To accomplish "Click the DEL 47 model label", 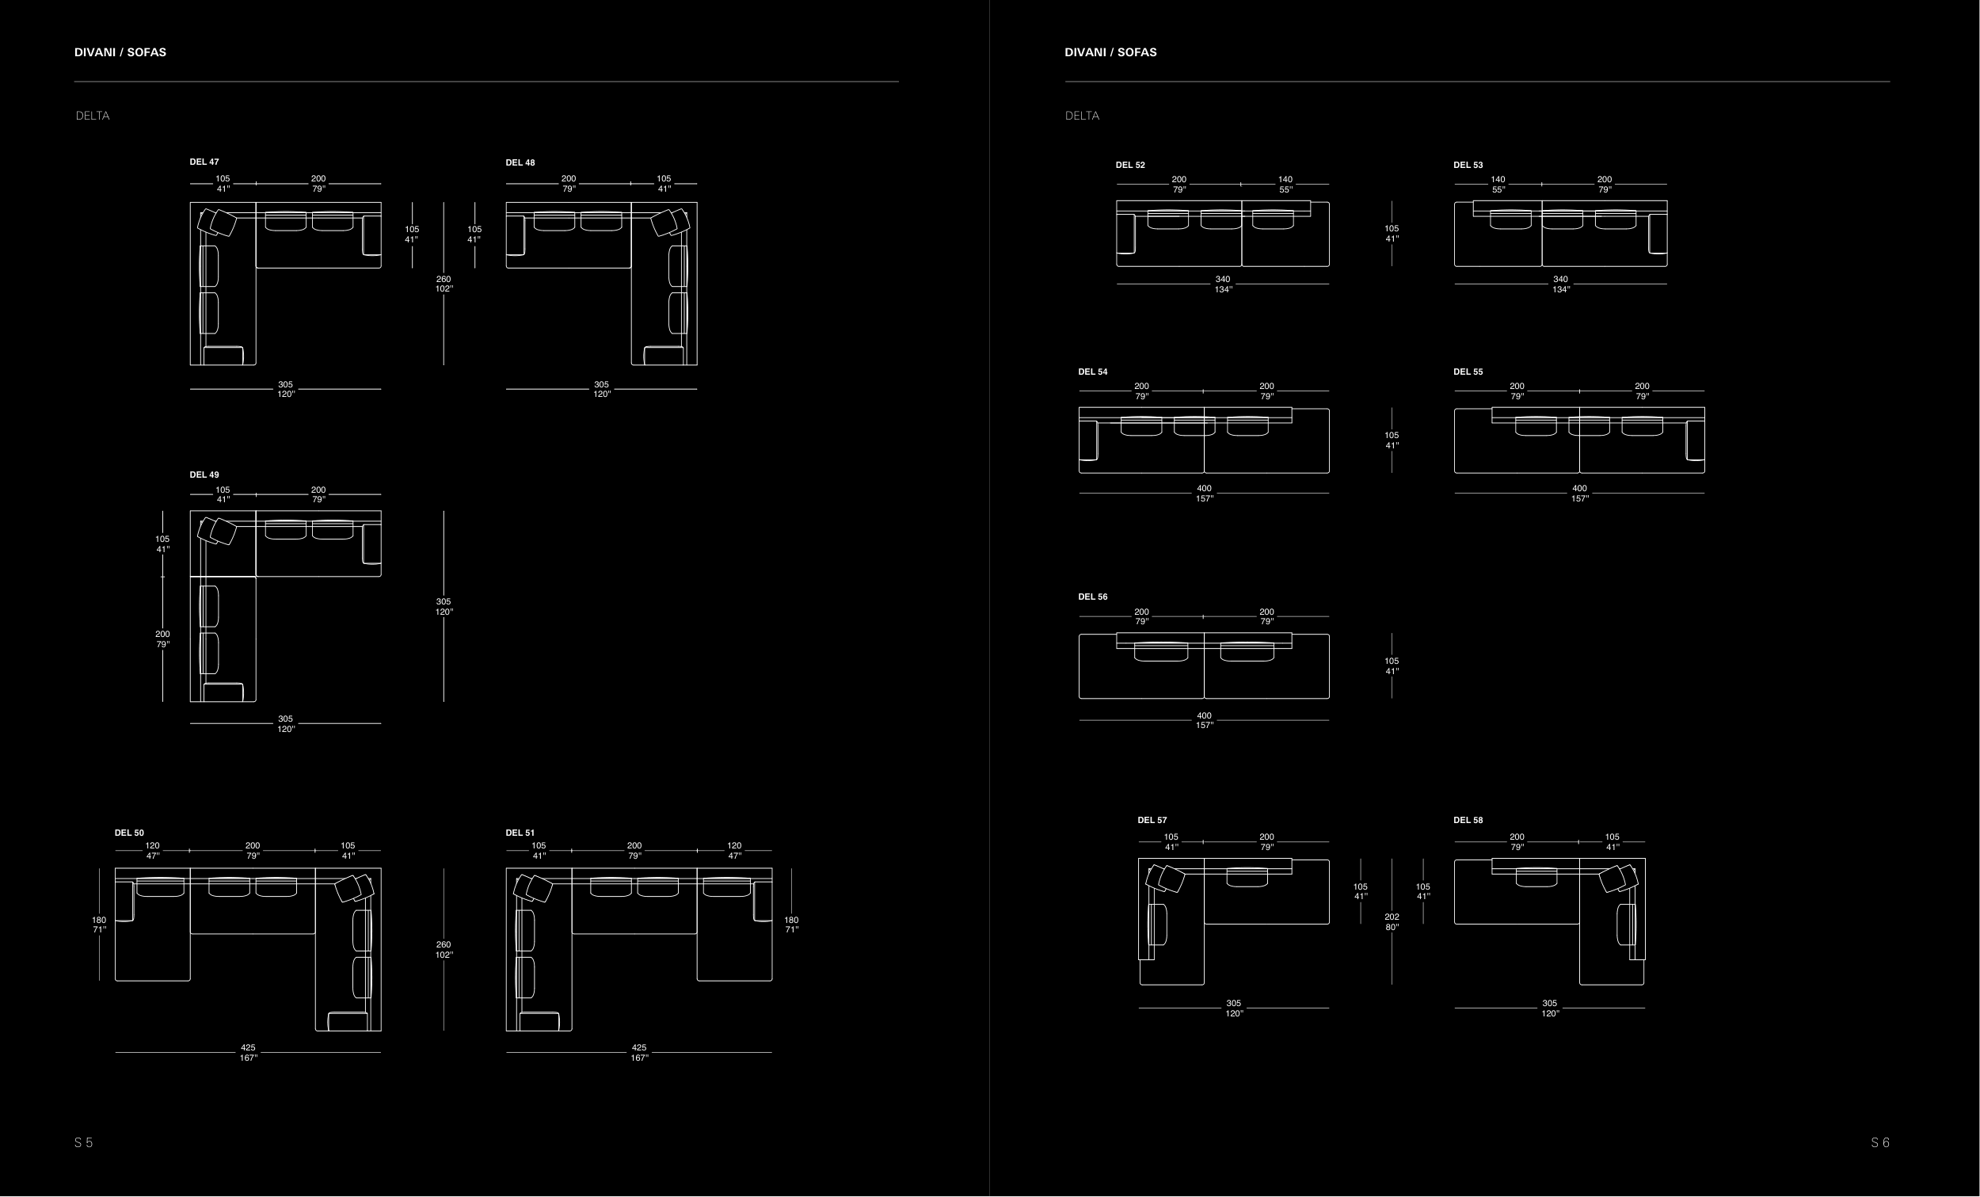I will coord(204,162).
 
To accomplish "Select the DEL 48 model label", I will coord(520,162).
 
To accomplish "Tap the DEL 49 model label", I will coord(204,475).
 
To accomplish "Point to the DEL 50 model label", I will coord(129,833).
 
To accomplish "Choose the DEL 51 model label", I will coord(520,833).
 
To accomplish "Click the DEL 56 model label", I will coord(1093,597).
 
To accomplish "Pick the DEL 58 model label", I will coord(1468,820).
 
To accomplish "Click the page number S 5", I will coord(84,1142).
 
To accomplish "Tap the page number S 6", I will coord(1880,1142).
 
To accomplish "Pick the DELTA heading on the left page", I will coord(93,116).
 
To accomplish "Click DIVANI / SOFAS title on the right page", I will coord(1110,52).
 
